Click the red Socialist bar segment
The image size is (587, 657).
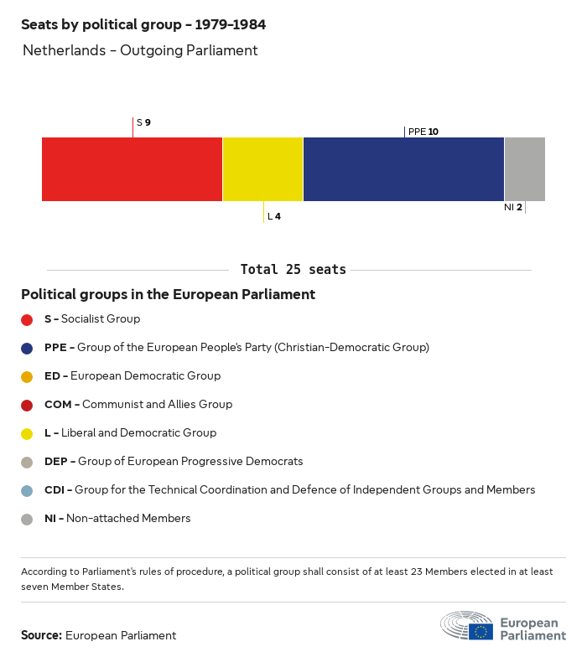[x=132, y=169]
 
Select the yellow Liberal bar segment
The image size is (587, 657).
[x=262, y=169]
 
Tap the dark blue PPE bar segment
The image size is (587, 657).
[x=403, y=169]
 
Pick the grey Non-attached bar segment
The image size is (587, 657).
[x=524, y=169]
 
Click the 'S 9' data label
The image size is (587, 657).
[x=143, y=122]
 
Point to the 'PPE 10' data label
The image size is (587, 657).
[x=423, y=132]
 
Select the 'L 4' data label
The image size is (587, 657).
[x=273, y=216]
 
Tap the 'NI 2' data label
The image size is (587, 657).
[x=513, y=207]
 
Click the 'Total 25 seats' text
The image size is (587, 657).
[x=293, y=270]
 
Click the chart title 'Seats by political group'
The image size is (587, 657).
[x=143, y=24]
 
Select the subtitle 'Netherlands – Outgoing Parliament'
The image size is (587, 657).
[x=140, y=50]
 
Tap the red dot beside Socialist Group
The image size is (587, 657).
[x=27, y=319]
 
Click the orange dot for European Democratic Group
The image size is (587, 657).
[x=27, y=376]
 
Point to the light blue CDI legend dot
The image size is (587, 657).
[x=27, y=490]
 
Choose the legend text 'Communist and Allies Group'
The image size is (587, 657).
[x=157, y=404]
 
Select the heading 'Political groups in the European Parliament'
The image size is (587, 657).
[x=168, y=294]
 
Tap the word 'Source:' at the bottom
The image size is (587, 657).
[x=41, y=635]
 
